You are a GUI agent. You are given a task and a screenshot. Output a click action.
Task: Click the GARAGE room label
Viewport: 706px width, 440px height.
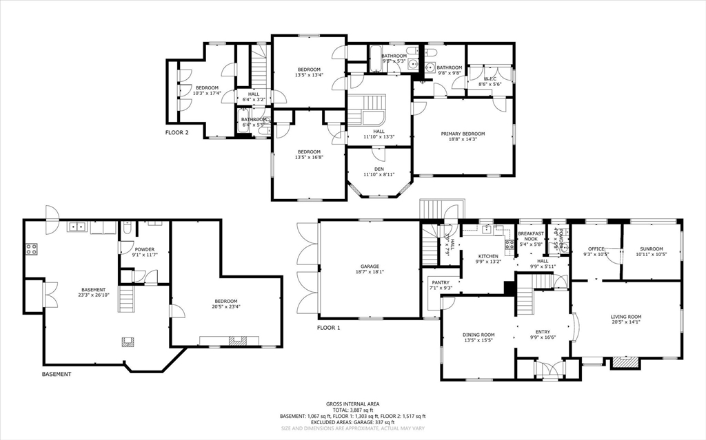coord(369,266)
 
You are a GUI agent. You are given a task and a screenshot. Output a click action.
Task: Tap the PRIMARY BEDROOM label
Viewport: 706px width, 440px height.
coord(463,134)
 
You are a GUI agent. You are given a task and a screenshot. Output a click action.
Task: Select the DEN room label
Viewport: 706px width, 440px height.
coord(379,169)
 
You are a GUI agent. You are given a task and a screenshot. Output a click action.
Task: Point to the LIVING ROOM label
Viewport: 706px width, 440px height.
coord(626,317)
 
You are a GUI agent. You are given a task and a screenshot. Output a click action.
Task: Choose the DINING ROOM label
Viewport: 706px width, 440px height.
coord(479,335)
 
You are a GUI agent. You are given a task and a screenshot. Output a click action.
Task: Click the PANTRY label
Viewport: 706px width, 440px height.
coord(440,282)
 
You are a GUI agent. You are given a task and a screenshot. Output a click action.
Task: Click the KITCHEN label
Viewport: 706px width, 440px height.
coord(488,256)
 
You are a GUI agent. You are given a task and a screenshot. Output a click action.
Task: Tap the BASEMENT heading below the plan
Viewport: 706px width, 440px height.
coord(56,374)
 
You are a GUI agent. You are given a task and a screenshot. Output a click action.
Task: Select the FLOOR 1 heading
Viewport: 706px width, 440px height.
coord(329,328)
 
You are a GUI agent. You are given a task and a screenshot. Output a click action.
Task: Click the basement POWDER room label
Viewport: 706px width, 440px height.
coord(144,249)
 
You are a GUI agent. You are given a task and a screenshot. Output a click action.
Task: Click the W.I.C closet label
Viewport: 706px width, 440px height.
coord(490,79)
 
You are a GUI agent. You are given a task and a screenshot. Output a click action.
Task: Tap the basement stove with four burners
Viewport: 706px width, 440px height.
coord(32,249)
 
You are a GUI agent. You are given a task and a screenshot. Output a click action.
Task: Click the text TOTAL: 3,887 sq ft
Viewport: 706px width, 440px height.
coord(352,410)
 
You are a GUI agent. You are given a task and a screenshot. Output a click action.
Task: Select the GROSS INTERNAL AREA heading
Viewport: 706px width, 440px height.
coord(352,404)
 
